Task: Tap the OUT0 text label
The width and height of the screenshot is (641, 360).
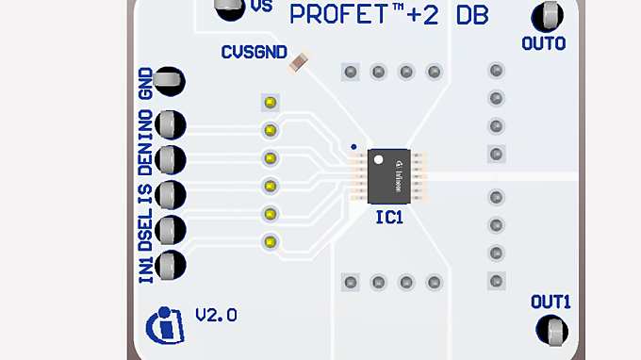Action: coord(543,43)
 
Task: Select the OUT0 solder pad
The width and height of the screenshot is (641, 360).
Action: coord(549,16)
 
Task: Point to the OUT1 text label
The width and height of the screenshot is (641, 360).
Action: coord(551,303)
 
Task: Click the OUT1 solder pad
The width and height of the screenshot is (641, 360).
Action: coord(552,330)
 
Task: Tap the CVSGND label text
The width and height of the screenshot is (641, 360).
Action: coord(255,53)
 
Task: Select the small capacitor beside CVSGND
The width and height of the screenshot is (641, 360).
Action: coord(299,62)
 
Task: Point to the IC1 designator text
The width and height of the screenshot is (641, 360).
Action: coord(388,217)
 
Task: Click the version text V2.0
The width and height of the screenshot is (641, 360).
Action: coord(216,315)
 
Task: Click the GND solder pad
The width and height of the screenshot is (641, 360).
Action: coord(170,82)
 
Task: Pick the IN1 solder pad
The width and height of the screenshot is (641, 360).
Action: coord(171,265)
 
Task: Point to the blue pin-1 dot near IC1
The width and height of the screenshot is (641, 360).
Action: coord(353,147)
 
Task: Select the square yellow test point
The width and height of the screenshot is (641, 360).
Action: coord(271,102)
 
